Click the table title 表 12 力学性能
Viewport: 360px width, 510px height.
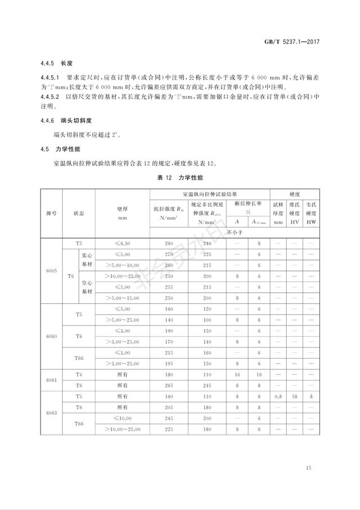point(179,177)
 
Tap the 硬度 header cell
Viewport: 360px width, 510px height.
point(295,193)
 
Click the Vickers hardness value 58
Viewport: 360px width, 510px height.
point(295,396)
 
